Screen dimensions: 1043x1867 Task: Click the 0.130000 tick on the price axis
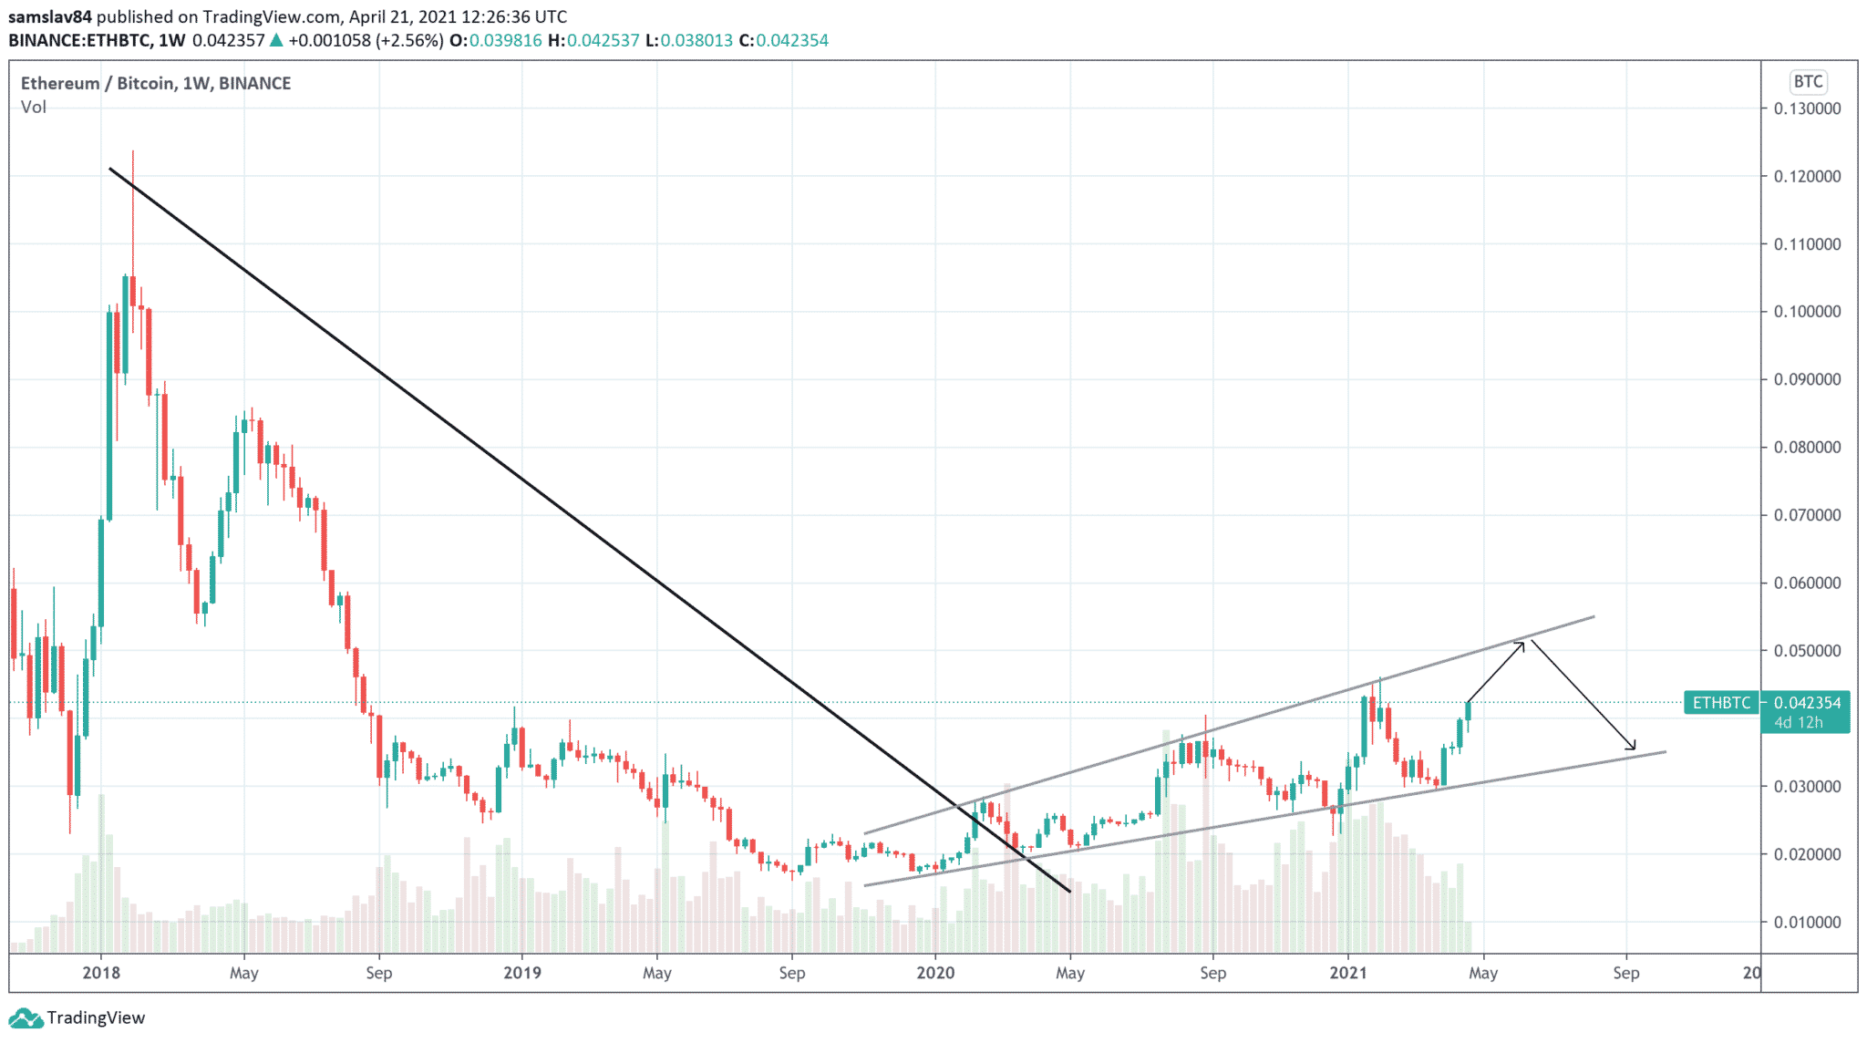click(1807, 108)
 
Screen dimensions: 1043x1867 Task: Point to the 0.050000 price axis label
click(1807, 651)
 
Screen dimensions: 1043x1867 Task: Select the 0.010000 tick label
click(1807, 922)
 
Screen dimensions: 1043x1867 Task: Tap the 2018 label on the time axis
click(101, 973)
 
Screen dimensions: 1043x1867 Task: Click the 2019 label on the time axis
click(522, 973)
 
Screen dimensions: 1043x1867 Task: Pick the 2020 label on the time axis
click(935, 973)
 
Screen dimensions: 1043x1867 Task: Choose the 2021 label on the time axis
click(1348, 973)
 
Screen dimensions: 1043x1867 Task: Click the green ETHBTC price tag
click(1721, 703)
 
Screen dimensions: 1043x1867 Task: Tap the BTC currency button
click(1808, 82)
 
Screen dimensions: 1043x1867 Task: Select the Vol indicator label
click(34, 108)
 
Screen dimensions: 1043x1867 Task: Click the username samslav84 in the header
click(50, 16)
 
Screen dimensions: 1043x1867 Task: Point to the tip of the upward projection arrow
click(1523, 643)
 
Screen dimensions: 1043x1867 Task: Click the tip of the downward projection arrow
click(1635, 749)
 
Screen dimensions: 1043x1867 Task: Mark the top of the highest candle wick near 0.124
click(133, 151)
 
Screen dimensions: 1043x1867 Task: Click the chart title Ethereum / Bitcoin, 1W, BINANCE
click(156, 83)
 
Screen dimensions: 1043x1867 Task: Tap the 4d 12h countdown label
click(1798, 723)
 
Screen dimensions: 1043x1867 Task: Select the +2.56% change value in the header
click(411, 40)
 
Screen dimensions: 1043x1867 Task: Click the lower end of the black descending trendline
click(1069, 891)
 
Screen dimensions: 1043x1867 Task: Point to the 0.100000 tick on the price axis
click(1807, 312)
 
